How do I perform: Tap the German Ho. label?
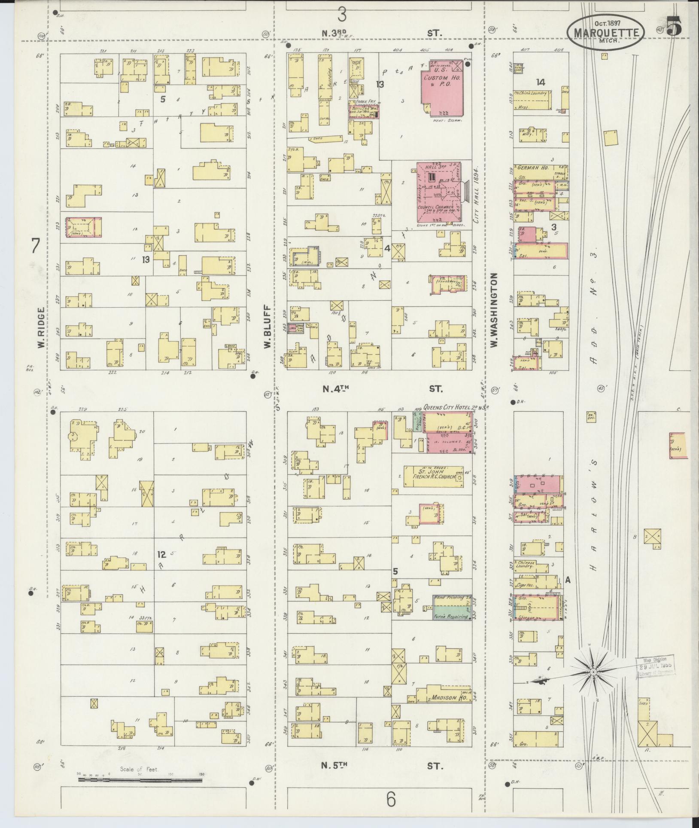coord(531,168)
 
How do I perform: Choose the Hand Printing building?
coord(452,598)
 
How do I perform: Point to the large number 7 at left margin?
coord(36,247)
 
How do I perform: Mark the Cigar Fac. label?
coord(531,584)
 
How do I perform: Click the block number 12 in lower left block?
coord(161,554)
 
